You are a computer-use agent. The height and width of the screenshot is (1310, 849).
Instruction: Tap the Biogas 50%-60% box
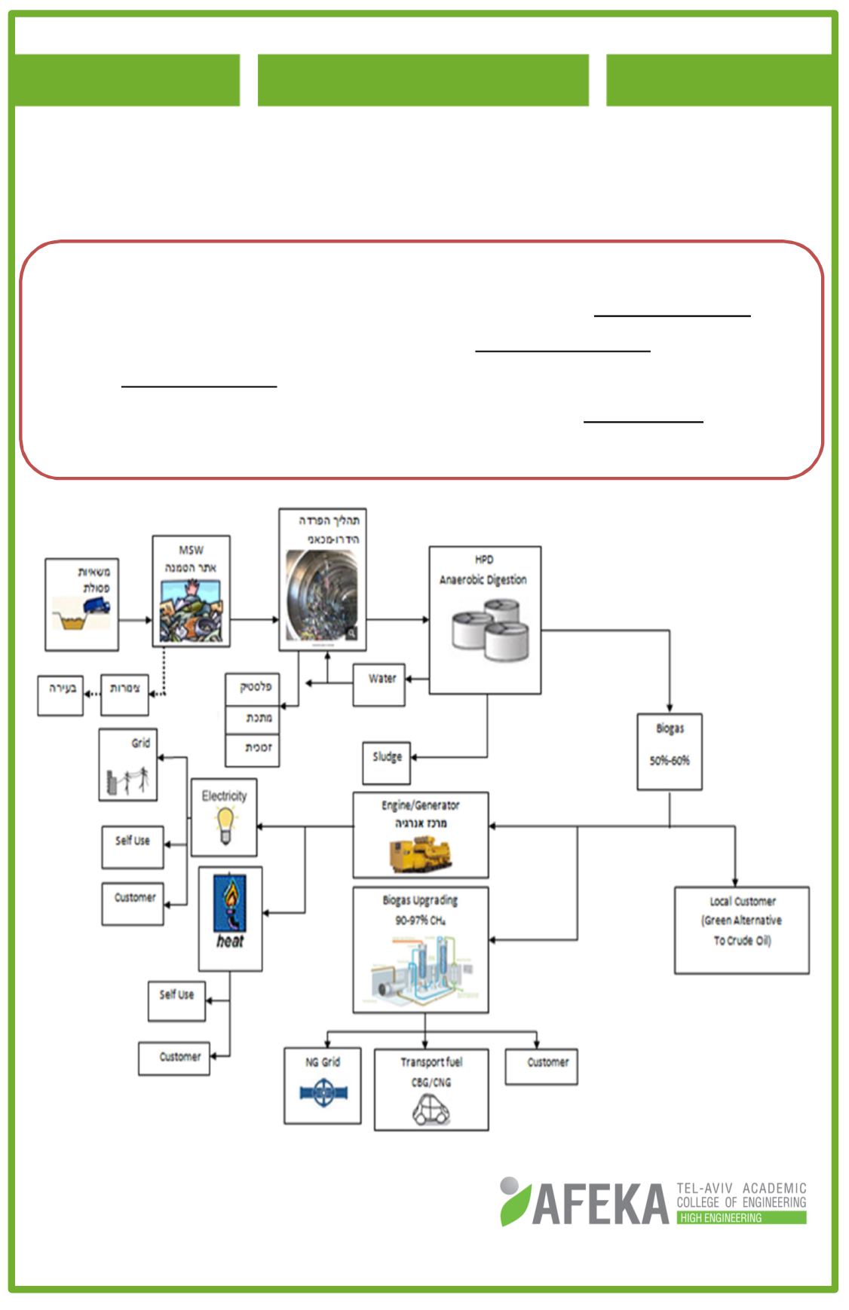click(670, 751)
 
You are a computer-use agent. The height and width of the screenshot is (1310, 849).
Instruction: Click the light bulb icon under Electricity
click(225, 826)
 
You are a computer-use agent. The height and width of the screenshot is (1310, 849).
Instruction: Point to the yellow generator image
click(421, 855)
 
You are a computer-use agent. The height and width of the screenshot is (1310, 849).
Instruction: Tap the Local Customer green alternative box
click(742, 930)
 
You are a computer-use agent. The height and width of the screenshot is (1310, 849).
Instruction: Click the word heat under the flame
click(230, 942)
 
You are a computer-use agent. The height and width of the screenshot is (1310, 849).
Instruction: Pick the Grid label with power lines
click(140, 743)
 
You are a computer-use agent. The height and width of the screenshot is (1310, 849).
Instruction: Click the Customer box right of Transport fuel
click(541, 1066)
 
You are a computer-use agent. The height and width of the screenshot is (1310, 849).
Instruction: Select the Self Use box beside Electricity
click(133, 846)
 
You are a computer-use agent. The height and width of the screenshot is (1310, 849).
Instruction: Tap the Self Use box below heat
click(176, 1000)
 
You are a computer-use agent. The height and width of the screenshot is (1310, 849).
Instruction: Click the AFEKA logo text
click(600, 1204)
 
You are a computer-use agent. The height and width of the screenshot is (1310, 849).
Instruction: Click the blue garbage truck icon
click(97, 605)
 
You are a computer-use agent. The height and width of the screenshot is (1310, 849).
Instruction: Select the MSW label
click(191, 550)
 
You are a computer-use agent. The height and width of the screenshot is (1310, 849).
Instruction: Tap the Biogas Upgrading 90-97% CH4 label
click(420, 909)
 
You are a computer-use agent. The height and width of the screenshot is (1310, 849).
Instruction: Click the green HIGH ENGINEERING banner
click(741, 1217)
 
